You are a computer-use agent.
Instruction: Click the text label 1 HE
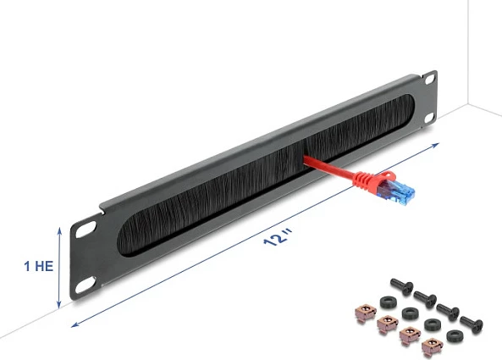pyautogui.click(x=39, y=266)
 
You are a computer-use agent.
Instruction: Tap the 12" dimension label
pyautogui.click(x=278, y=237)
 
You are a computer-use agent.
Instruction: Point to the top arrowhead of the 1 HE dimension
pyautogui.click(x=59, y=230)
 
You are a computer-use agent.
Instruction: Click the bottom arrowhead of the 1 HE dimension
pyautogui.click(x=58, y=305)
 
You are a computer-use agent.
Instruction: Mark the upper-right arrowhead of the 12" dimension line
pyautogui.click(x=435, y=145)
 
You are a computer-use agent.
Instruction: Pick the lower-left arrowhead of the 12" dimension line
pyautogui.click(x=74, y=324)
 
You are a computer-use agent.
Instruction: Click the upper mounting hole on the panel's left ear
pyautogui.click(x=86, y=230)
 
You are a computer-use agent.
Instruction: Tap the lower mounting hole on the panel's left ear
pyautogui.click(x=86, y=285)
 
